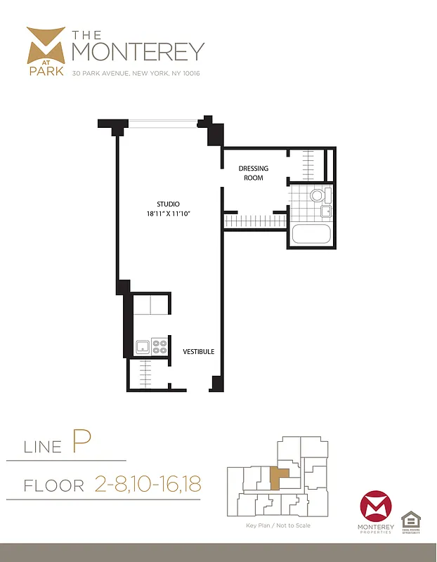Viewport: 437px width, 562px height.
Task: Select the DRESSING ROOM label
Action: click(x=253, y=173)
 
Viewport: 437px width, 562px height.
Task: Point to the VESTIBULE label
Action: click(x=199, y=351)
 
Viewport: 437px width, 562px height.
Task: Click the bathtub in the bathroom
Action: click(x=311, y=234)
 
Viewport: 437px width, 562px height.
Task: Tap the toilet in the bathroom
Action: click(x=318, y=195)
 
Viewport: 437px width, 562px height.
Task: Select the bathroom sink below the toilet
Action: click(x=325, y=211)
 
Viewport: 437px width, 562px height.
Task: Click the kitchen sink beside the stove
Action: click(x=143, y=346)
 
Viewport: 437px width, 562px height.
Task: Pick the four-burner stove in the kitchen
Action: click(x=159, y=346)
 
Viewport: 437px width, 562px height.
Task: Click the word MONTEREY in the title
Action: click(x=138, y=52)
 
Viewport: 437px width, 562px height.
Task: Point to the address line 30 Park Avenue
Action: click(x=136, y=73)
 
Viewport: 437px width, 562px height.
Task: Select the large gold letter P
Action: click(x=80, y=444)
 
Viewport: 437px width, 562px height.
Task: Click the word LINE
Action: click(x=44, y=447)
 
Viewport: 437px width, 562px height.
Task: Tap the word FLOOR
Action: click(x=53, y=485)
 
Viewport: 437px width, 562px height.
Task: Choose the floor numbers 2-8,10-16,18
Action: click(x=147, y=484)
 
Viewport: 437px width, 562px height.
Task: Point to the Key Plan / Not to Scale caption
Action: click(x=278, y=525)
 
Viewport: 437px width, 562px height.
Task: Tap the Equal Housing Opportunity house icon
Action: click(x=410, y=521)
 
